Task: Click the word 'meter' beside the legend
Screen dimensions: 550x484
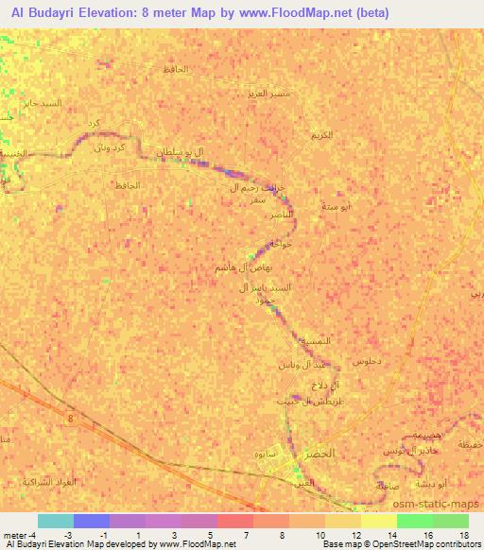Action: click(x=14, y=534)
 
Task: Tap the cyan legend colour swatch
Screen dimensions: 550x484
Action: click(x=55, y=521)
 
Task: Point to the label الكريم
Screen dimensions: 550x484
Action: click(x=320, y=135)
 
